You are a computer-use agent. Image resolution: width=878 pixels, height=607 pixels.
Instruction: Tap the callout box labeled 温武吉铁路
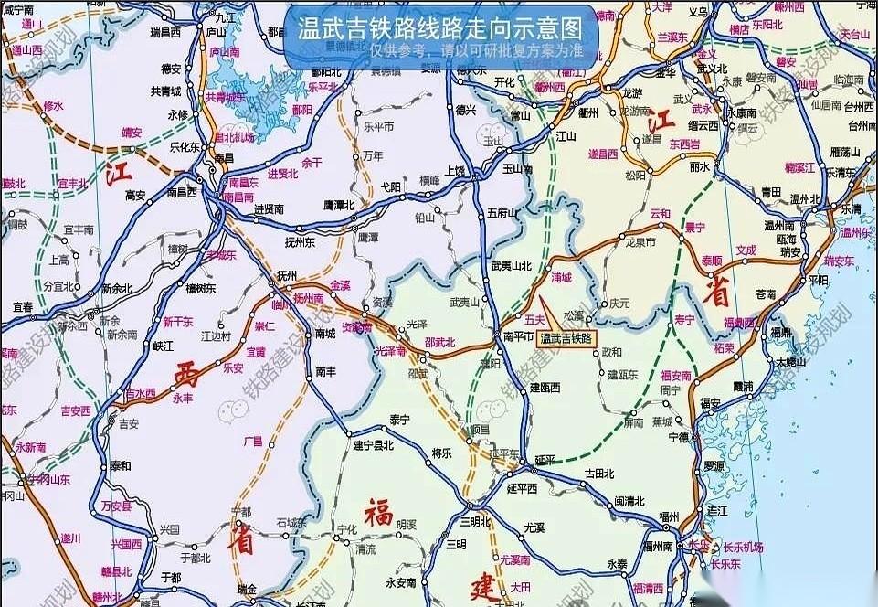pos(566,337)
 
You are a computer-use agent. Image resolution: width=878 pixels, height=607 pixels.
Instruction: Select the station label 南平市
pos(517,337)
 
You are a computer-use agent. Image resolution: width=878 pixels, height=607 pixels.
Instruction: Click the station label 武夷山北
pos(511,265)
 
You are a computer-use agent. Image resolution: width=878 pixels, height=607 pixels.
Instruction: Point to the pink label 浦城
pos(561,276)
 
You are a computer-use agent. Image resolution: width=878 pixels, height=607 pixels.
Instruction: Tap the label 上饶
pos(455,170)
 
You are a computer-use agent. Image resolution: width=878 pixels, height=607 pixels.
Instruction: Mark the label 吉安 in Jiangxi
pos(128,423)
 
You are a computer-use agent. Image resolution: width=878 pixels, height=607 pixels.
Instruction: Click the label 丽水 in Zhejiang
pos(700,167)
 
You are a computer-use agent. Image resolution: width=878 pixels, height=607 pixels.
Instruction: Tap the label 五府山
pos(502,212)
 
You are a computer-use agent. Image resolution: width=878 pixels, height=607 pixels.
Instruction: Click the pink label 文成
pos(746,250)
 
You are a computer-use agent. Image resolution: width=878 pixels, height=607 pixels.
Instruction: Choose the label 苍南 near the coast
pos(766,294)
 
